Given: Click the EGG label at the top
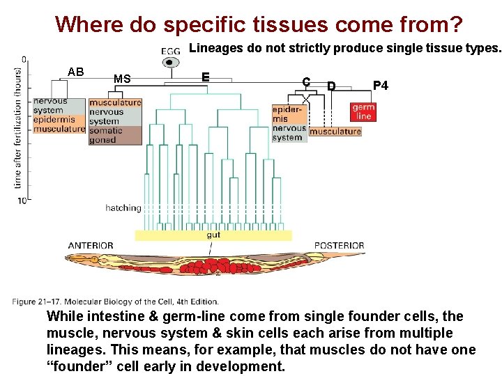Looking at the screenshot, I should click(170, 51).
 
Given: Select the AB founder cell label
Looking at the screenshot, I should click(76, 72).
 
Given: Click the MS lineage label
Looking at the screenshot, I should click(122, 79).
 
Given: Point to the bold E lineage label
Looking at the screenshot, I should click(205, 77).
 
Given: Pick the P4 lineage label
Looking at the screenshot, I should click(380, 86).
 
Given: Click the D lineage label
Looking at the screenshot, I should click(331, 86).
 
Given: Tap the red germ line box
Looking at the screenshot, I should click(363, 111).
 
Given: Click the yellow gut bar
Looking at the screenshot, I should click(213, 235).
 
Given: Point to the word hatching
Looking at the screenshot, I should click(123, 207).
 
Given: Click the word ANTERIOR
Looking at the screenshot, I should click(91, 245).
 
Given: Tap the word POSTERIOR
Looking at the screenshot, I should click(339, 245).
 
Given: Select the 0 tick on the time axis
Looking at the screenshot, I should click(24, 59).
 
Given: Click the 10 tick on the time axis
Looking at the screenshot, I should click(23, 201).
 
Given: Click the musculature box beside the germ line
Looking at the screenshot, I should click(335, 132).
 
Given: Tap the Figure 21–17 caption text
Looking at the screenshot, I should click(115, 301).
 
